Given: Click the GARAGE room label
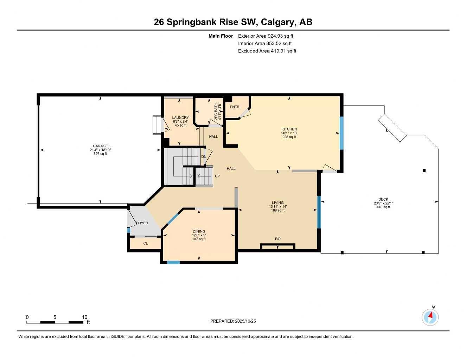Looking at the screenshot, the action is point(100,146).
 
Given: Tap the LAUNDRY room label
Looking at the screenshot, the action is point(180,118).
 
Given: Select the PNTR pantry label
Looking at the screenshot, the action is point(234,107).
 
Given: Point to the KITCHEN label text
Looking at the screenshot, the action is point(289,129).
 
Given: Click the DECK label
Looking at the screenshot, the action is point(383,199).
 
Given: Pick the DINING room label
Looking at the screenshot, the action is point(199,231).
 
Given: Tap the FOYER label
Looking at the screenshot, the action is point(142,223).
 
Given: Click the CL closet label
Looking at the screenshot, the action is point(145,243).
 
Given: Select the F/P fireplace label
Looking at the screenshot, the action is point(278,239).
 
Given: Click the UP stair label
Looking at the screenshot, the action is point(217,176).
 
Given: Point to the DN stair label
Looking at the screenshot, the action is point(204,157).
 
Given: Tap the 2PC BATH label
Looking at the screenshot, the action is point(216,111).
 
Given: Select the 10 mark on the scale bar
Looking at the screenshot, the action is point(84,317).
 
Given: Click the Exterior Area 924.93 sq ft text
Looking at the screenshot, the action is point(266,36).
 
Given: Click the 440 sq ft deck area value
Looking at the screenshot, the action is point(383,207).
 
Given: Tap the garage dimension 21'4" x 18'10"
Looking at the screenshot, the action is point(100,150).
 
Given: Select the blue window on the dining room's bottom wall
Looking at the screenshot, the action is point(173,262).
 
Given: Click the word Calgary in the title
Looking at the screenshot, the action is point(277,22).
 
